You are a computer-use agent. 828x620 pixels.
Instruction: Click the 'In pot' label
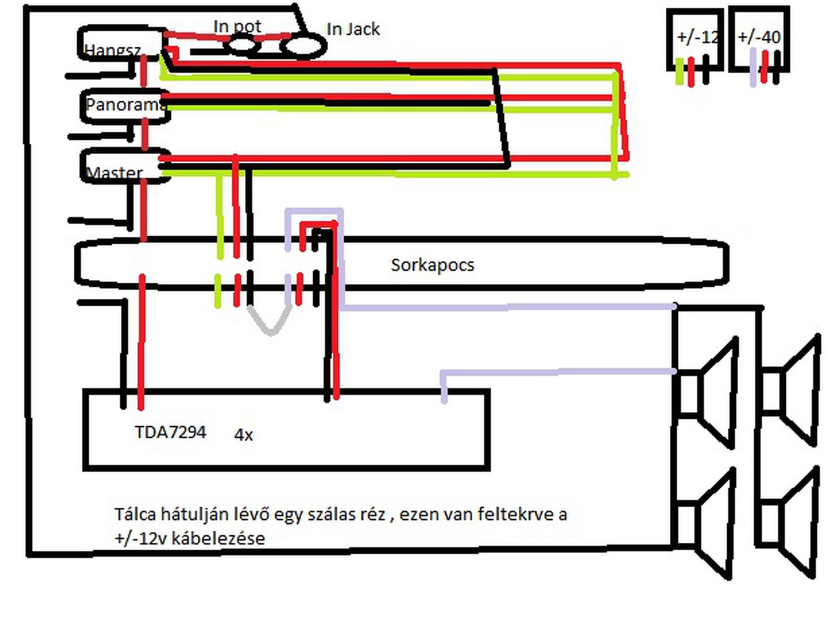[237, 27]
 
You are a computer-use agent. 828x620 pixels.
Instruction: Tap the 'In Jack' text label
[353, 29]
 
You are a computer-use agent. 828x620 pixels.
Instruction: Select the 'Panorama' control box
[125, 105]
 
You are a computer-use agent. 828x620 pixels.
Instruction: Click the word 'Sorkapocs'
[432, 265]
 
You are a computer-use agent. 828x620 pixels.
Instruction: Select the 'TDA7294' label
[170, 432]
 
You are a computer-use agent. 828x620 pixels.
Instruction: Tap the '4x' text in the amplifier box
[243, 435]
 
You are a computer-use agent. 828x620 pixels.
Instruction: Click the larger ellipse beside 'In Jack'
[303, 46]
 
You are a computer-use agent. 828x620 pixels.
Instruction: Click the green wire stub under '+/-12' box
[679, 72]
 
